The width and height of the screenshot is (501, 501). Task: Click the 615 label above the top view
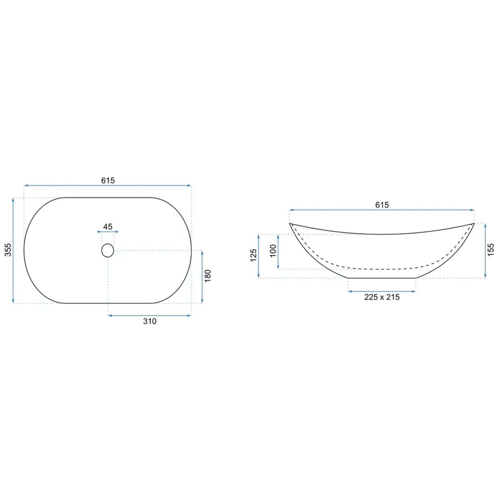pos(108,180)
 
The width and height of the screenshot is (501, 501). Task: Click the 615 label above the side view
pos(382,205)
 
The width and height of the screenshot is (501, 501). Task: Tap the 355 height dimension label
pos(9,250)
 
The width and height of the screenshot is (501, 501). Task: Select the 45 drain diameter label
pos(108,227)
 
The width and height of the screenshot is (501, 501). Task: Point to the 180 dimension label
pos(208,276)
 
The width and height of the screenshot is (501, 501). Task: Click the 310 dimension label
pos(150,321)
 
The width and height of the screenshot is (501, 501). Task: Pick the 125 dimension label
pos(253,256)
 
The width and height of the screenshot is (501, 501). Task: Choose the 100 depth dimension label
pos(273,251)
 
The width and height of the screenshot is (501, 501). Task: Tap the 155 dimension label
pos(491,250)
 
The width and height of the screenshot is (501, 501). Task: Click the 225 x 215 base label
pos(382,297)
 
